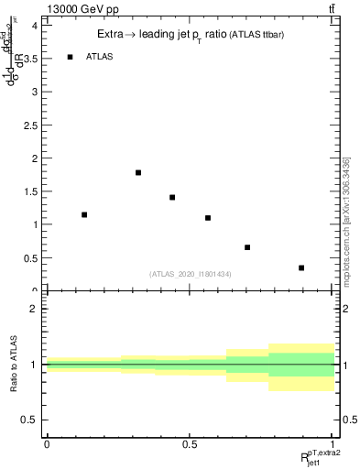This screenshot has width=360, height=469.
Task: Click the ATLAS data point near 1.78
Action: (138, 172)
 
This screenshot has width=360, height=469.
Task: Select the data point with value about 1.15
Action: (84, 214)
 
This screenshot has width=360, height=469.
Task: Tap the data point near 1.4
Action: (172, 197)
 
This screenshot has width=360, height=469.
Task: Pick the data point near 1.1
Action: (208, 218)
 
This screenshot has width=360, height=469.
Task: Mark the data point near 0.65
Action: (247, 247)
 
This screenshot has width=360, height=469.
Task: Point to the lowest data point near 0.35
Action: (301, 267)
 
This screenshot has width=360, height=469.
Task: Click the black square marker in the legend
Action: (71, 57)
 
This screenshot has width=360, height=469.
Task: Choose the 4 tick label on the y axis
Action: (35, 26)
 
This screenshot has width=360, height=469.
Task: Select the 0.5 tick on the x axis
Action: (190, 443)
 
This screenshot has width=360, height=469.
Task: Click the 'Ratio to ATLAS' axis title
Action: (12, 365)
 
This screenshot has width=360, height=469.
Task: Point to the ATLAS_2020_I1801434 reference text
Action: (190, 274)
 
